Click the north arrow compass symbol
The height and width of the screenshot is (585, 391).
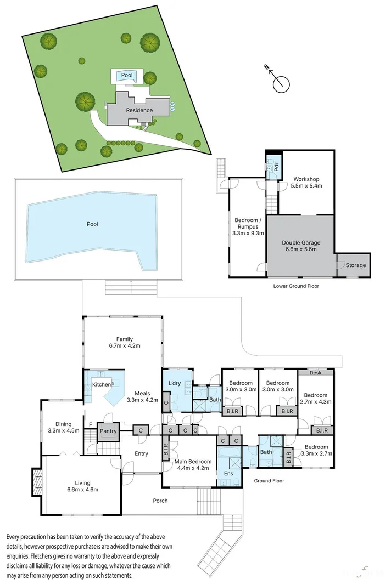pyautogui.click(x=280, y=83)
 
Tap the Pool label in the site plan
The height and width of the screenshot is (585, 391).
pyautogui.click(x=127, y=75)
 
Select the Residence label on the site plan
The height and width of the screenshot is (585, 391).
pyautogui.click(x=139, y=110)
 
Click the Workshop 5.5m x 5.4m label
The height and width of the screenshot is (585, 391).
pyautogui.click(x=306, y=183)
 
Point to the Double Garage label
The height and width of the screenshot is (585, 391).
pyautogui.click(x=301, y=246)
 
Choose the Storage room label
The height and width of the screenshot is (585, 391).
pyautogui.click(x=355, y=265)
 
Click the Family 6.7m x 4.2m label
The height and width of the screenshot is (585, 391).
pyautogui.click(x=125, y=342)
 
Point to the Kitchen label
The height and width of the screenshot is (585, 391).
pyautogui.click(x=101, y=385)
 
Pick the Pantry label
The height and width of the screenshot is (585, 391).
pyautogui.click(x=108, y=431)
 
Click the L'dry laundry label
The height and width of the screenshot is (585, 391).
pyautogui.click(x=175, y=382)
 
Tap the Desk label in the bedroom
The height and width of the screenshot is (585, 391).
pyautogui.click(x=315, y=372)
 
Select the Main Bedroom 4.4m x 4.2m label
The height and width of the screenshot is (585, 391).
pyautogui.click(x=192, y=465)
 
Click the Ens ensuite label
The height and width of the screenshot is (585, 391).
pyautogui.click(x=228, y=473)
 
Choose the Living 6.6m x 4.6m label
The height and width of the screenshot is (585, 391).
pyautogui.click(x=82, y=486)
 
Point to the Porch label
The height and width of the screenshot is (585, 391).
pyautogui.click(x=160, y=501)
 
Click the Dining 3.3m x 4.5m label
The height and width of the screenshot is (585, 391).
pyautogui.click(x=63, y=427)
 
